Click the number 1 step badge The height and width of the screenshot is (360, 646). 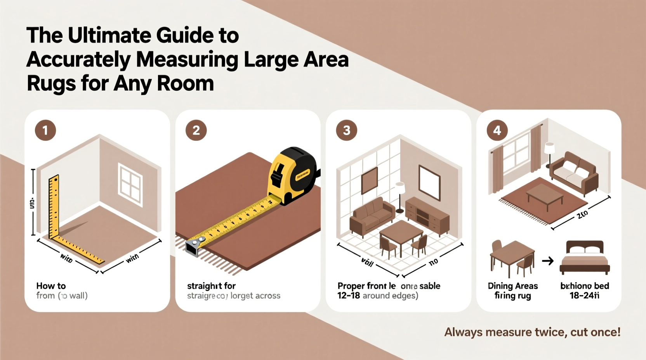tap(45, 130)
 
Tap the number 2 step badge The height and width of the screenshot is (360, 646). tap(196, 130)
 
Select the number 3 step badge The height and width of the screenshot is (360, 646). tap(347, 130)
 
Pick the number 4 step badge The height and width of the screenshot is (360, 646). tap(497, 130)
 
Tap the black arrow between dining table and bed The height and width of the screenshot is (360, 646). tap(548, 261)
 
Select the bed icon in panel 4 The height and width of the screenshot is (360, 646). tap(585, 258)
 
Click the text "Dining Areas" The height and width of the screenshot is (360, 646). tap(512, 286)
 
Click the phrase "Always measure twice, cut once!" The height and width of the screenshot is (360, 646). tap(532, 332)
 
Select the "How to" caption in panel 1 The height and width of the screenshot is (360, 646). tap(51, 286)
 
